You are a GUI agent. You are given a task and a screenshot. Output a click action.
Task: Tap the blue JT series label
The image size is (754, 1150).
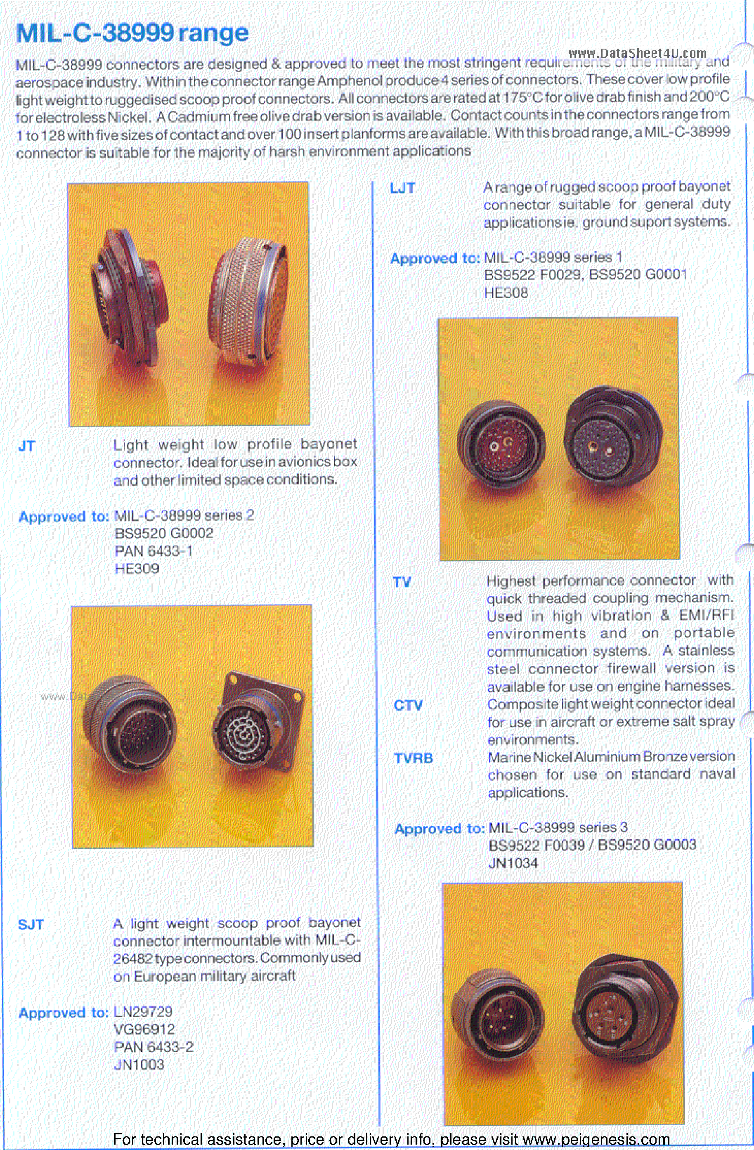[x=26, y=446]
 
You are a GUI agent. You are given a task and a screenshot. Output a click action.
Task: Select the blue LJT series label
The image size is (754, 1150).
[x=402, y=189]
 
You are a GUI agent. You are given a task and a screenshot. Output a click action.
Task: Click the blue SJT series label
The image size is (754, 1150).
[x=31, y=925]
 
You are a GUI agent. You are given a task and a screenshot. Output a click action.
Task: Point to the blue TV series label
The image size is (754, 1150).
[x=402, y=582]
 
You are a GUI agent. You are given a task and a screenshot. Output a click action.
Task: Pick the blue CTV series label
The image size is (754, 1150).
[x=408, y=706]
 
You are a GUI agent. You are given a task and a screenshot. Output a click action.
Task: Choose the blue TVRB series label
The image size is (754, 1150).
[x=413, y=758]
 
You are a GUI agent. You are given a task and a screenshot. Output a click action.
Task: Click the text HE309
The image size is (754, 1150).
[x=137, y=569]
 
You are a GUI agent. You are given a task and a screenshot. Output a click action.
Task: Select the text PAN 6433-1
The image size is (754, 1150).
[x=153, y=551]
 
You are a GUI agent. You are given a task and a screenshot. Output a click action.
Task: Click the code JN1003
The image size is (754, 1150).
[x=139, y=1065]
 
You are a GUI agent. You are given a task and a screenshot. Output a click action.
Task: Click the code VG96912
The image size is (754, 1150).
[x=144, y=1030]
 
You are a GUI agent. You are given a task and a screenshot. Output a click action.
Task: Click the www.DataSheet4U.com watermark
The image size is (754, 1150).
[x=637, y=53]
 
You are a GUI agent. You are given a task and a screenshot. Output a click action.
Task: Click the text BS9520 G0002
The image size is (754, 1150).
[x=164, y=534]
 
